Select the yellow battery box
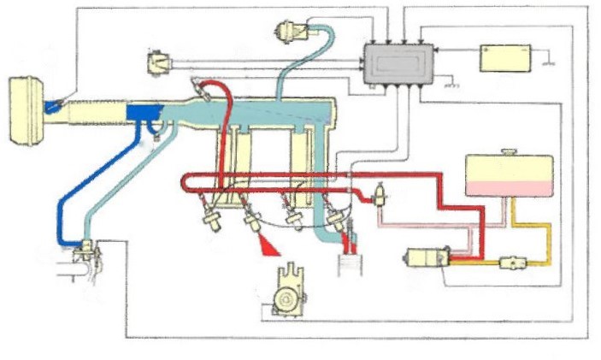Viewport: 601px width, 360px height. pos(505,57)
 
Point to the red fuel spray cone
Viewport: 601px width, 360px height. pos(269,248)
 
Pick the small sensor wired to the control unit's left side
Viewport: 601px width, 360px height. pos(161,63)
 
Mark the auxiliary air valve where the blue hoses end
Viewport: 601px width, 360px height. pos(85,253)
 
